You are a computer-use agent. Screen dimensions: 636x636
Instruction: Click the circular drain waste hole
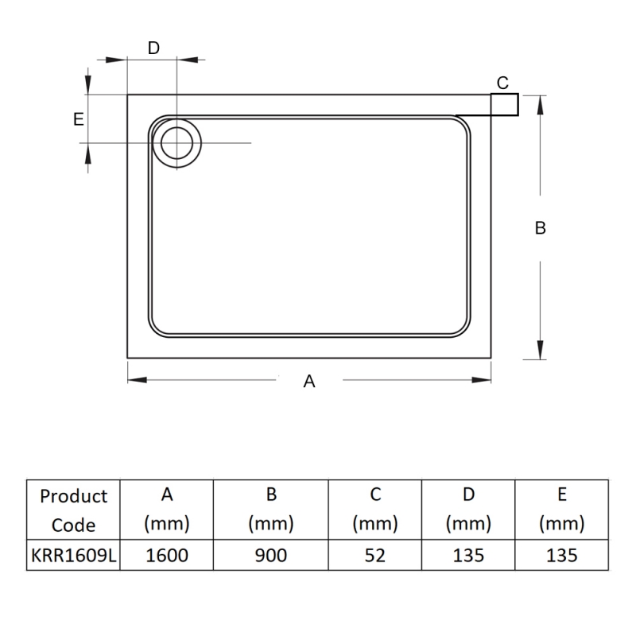point(176,143)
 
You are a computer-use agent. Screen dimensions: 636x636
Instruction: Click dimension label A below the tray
point(309,382)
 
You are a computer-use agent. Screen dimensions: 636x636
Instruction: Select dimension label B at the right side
point(540,228)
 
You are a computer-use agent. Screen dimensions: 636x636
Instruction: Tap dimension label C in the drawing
point(502,83)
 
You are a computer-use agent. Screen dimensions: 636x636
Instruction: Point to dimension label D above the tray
point(153,48)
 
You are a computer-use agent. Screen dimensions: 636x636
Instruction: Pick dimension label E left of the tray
point(78,119)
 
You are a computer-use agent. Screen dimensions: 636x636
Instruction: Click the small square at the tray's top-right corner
point(504,105)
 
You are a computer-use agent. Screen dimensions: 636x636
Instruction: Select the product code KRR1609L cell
point(74,556)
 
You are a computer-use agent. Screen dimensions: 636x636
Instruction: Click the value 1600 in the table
point(167,556)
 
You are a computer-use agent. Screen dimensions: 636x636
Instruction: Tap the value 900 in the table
point(271,556)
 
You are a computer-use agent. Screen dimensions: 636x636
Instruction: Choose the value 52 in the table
point(375,556)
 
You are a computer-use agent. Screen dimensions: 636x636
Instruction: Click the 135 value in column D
point(468,556)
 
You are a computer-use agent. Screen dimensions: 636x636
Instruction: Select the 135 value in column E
point(561,556)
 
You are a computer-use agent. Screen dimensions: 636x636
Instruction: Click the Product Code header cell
point(74,510)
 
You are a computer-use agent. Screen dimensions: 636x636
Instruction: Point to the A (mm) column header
point(167,510)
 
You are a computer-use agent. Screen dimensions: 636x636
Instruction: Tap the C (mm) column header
point(375,510)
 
